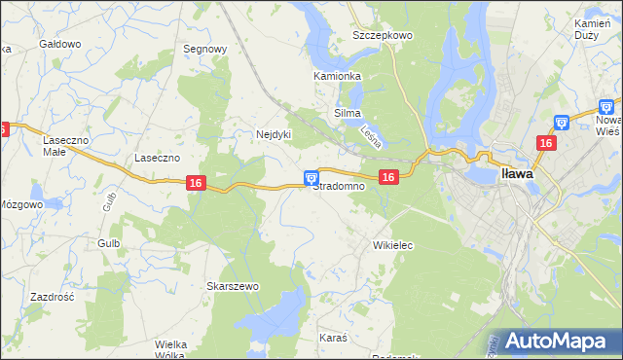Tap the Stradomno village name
[x=338, y=186]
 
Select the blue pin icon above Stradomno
[x=311, y=177]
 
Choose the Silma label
[x=348, y=114]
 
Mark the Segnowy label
[x=205, y=49]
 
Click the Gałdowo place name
[x=58, y=45]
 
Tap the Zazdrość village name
[x=53, y=297]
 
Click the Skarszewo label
[x=232, y=286]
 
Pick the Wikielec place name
[x=393, y=246]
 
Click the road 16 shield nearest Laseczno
[x=196, y=183]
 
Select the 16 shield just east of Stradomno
[x=388, y=176]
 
